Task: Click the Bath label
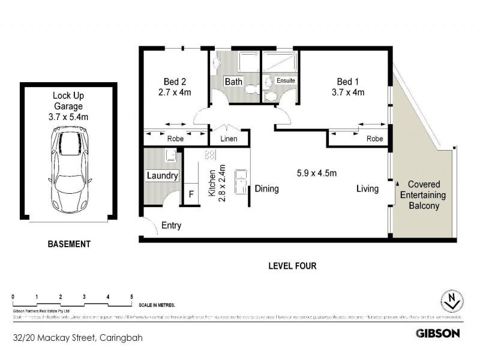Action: (x=233, y=82)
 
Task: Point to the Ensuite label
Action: (x=286, y=80)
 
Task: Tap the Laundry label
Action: (x=163, y=175)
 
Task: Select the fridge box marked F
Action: (x=191, y=195)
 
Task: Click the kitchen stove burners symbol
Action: (x=210, y=155)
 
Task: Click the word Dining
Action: (x=266, y=189)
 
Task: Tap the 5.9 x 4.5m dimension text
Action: (x=317, y=173)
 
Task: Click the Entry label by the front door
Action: (x=171, y=226)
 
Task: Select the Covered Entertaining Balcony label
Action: (x=424, y=195)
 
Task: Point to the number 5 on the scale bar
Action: (x=131, y=297)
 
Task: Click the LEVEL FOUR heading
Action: (x=293, y=266)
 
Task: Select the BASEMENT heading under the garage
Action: (x=68, y=244)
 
